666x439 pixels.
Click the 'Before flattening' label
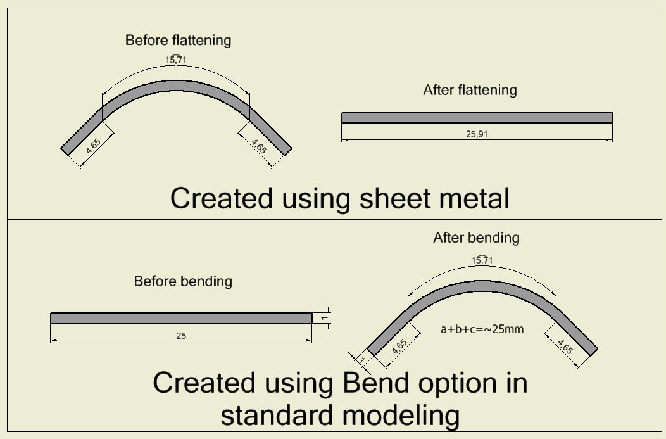tap(178, 41)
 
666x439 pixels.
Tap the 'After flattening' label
tap(470, 90)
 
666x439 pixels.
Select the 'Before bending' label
tap(183, 281)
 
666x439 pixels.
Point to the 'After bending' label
tap(476, 238)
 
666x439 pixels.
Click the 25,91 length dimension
tap(477, 134)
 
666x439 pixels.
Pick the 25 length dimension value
tap(181, 335)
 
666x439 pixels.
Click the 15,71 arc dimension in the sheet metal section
tap(176, 60)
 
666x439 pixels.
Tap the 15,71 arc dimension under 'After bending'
tap(482, 260)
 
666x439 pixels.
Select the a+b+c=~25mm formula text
tap(482, 329)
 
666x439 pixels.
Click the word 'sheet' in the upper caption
tap(387, 198)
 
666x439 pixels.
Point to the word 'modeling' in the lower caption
tap(403, 416)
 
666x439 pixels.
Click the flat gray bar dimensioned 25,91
tap(477, 118)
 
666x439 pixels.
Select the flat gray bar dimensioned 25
tap(181, 318)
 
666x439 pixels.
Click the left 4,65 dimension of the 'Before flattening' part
tap(92, 147)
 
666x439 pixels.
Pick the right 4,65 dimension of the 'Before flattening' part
tap(258, 146)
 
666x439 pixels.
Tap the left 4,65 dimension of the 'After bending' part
tap(399, 347)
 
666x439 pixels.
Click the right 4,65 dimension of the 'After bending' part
tap(565, 347)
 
